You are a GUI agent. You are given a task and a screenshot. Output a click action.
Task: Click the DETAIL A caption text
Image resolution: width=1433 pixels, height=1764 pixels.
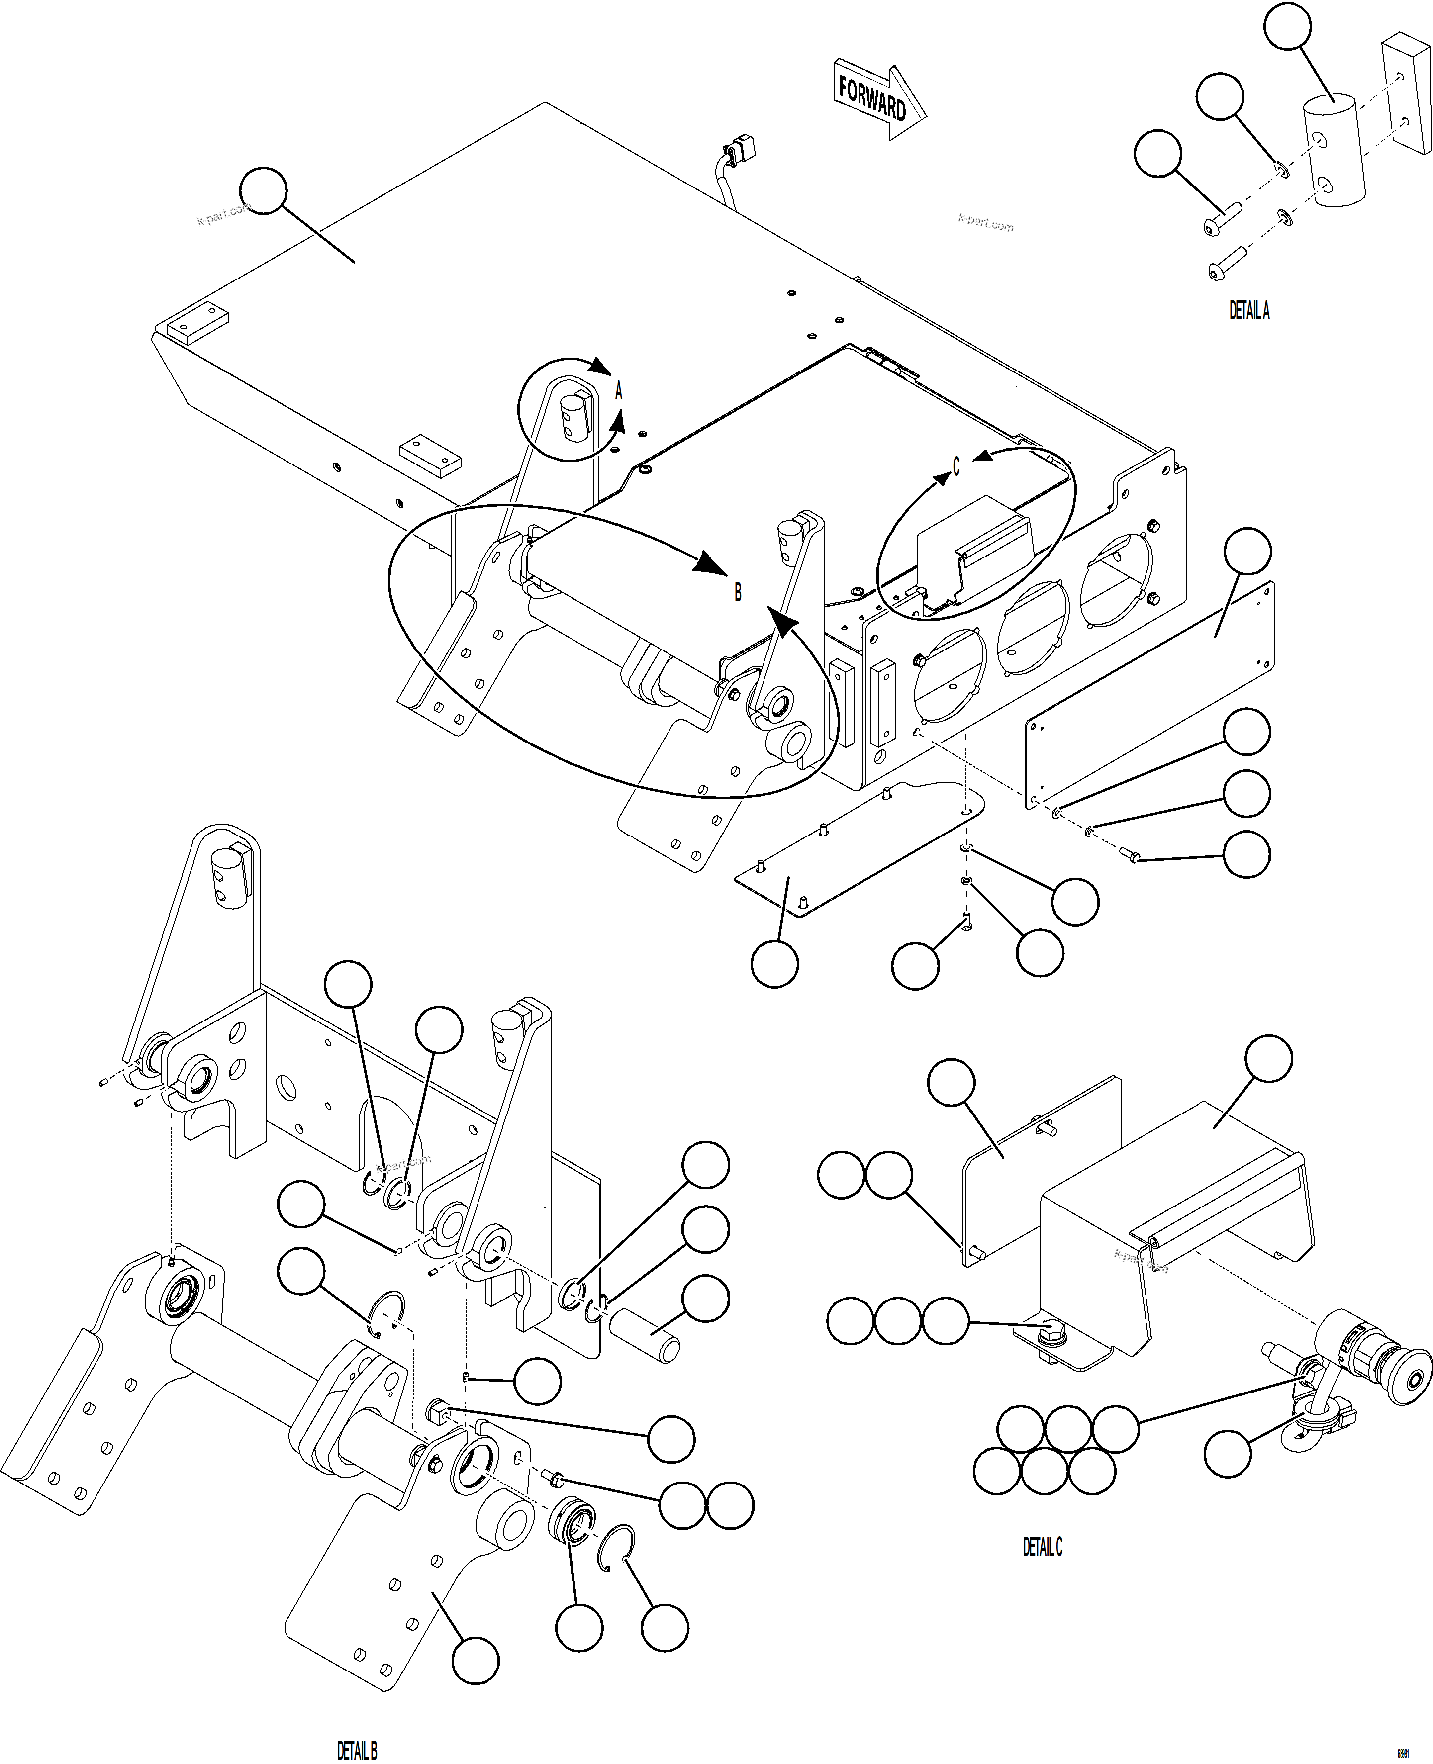(x=1249, y=310)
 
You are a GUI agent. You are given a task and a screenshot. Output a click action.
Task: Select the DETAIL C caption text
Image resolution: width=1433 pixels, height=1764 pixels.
(x=1043, y=1547)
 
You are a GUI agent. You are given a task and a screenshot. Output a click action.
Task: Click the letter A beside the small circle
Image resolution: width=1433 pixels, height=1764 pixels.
(x=618, y=391)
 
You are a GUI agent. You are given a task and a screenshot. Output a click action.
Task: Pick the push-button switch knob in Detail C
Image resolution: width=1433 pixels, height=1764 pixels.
(x=1413, y=1380)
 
